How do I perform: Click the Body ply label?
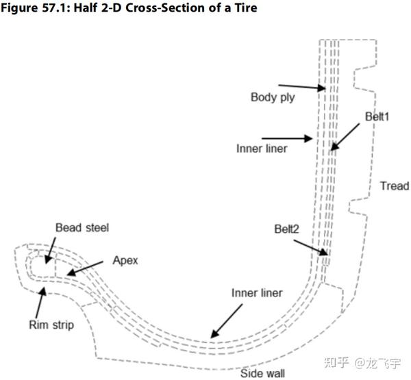pyautogui.click(x=273, y=97)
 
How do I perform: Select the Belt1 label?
pyautogui.click(x=377, y=117)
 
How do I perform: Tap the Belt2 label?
pyautogui.click(x=286, y=230)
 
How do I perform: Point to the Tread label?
pyautogui.click(x=394, y=186)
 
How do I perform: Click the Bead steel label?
pyautogui.click(x=83, y=227)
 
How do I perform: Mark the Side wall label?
pyautogui.click(x=263, y=373)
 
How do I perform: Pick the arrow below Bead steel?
pyautogui.click(x=49, y=250)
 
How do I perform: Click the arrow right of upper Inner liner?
pyautogui.click(x=288, y=138)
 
